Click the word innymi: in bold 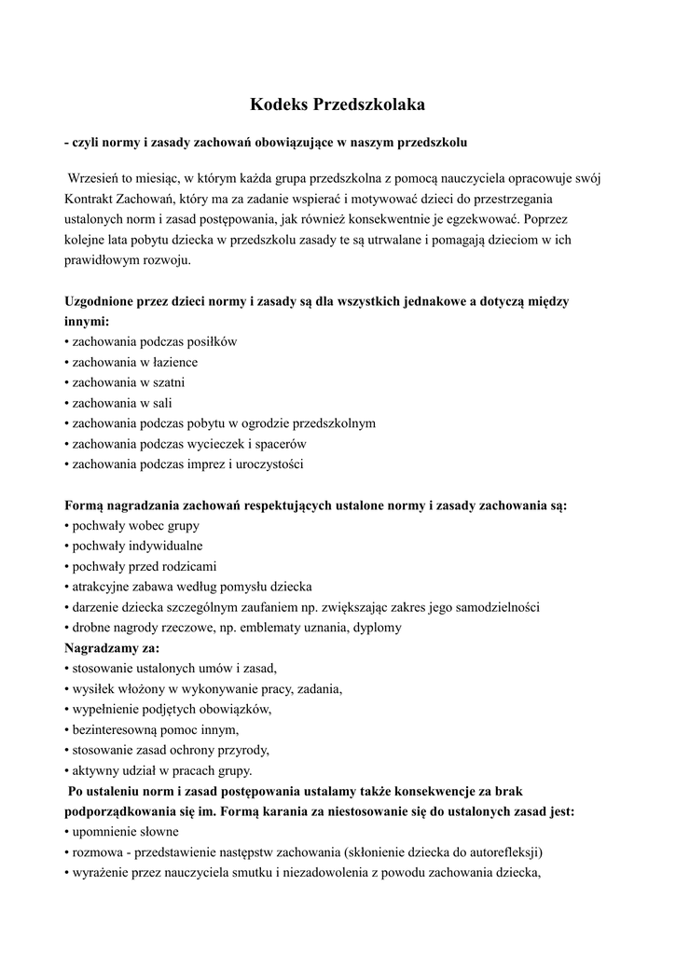pos(87,321)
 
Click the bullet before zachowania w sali pos(67,403)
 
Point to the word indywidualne pos(163,546)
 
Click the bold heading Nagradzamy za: pos(112,647)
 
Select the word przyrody pos(243,750)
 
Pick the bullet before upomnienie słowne pos(67,832)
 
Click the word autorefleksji pos(505,852)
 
